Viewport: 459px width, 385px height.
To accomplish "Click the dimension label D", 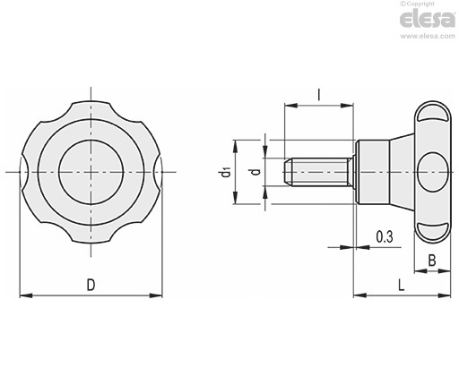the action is click(91, 285).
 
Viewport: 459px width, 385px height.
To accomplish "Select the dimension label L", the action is click(402, 286).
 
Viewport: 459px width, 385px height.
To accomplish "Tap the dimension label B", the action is click(432, 261).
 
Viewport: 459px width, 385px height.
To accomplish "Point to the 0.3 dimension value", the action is click(385, 237).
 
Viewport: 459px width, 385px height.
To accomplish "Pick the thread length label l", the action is click(319, 95).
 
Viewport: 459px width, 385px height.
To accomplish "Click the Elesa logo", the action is click(428, 19).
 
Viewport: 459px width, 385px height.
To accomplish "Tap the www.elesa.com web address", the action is click(428, 37).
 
